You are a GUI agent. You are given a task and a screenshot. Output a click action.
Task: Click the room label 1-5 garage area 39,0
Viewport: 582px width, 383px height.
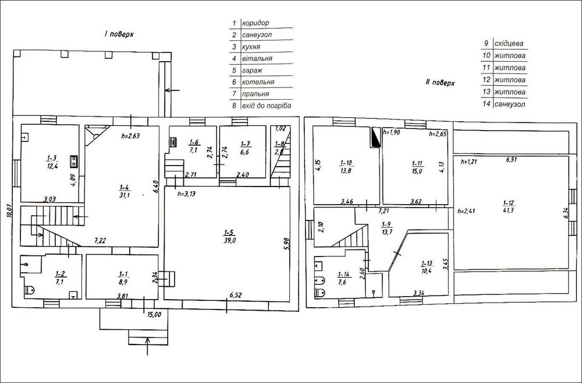point(229,237)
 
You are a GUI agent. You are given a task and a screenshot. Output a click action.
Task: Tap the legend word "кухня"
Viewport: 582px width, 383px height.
point(251,47)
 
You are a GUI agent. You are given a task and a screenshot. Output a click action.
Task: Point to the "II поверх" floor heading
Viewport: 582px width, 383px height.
point(440,83)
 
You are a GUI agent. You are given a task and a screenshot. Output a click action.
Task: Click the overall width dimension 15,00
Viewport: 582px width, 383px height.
point(154,315)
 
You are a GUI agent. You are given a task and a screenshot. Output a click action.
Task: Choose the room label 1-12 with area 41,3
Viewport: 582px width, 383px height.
point(508,206)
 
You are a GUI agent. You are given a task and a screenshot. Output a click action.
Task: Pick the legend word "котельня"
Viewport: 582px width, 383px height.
point(258,82)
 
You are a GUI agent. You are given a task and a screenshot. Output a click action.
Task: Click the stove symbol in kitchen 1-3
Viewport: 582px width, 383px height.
point(74,161)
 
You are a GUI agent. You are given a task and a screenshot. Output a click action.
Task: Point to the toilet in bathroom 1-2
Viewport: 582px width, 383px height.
point(30,290)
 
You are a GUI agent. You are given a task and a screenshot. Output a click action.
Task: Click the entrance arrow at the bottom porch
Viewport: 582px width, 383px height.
point(148,346)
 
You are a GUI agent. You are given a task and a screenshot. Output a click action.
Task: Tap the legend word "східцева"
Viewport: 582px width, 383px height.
point(509,44)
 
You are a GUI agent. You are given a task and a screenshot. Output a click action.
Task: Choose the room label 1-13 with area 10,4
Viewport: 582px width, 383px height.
point(427,267)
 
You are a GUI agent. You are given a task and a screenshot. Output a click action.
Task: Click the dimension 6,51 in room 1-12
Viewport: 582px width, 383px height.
point(512,160)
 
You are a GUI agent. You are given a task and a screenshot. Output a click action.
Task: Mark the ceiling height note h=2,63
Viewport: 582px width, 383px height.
point(130,136)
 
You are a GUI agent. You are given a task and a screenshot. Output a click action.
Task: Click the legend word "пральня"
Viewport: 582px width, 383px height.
point(255,94)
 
